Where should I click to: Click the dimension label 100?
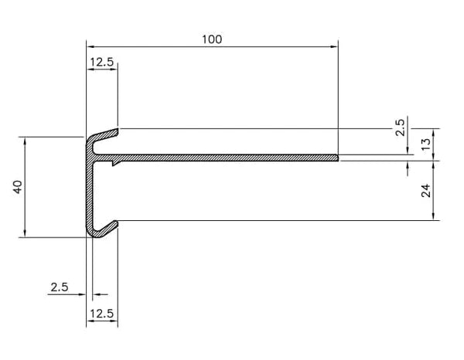click(212, 39)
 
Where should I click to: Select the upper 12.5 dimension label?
click(102, 62)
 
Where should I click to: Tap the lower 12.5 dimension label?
click(102, 314)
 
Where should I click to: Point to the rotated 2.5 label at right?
click(400, 127)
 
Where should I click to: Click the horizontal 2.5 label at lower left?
click(60, 287)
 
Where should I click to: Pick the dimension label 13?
click(426, 144)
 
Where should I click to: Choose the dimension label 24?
click(426, 191)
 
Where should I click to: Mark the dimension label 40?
click(18, 187)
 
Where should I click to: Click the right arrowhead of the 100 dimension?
click(334, 46)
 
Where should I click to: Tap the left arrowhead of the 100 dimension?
click(90, 46)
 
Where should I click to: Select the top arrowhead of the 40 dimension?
click(25, 141)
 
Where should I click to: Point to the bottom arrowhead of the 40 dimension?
click(25, 233)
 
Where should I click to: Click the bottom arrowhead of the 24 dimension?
click(434, 216)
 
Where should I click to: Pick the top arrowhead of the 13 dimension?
click(434, 133)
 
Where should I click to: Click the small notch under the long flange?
click(115, 163)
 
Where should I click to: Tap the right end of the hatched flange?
click(338, 158)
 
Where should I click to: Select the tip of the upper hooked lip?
click(118, 132)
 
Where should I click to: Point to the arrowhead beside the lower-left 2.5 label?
click(81, 294)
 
